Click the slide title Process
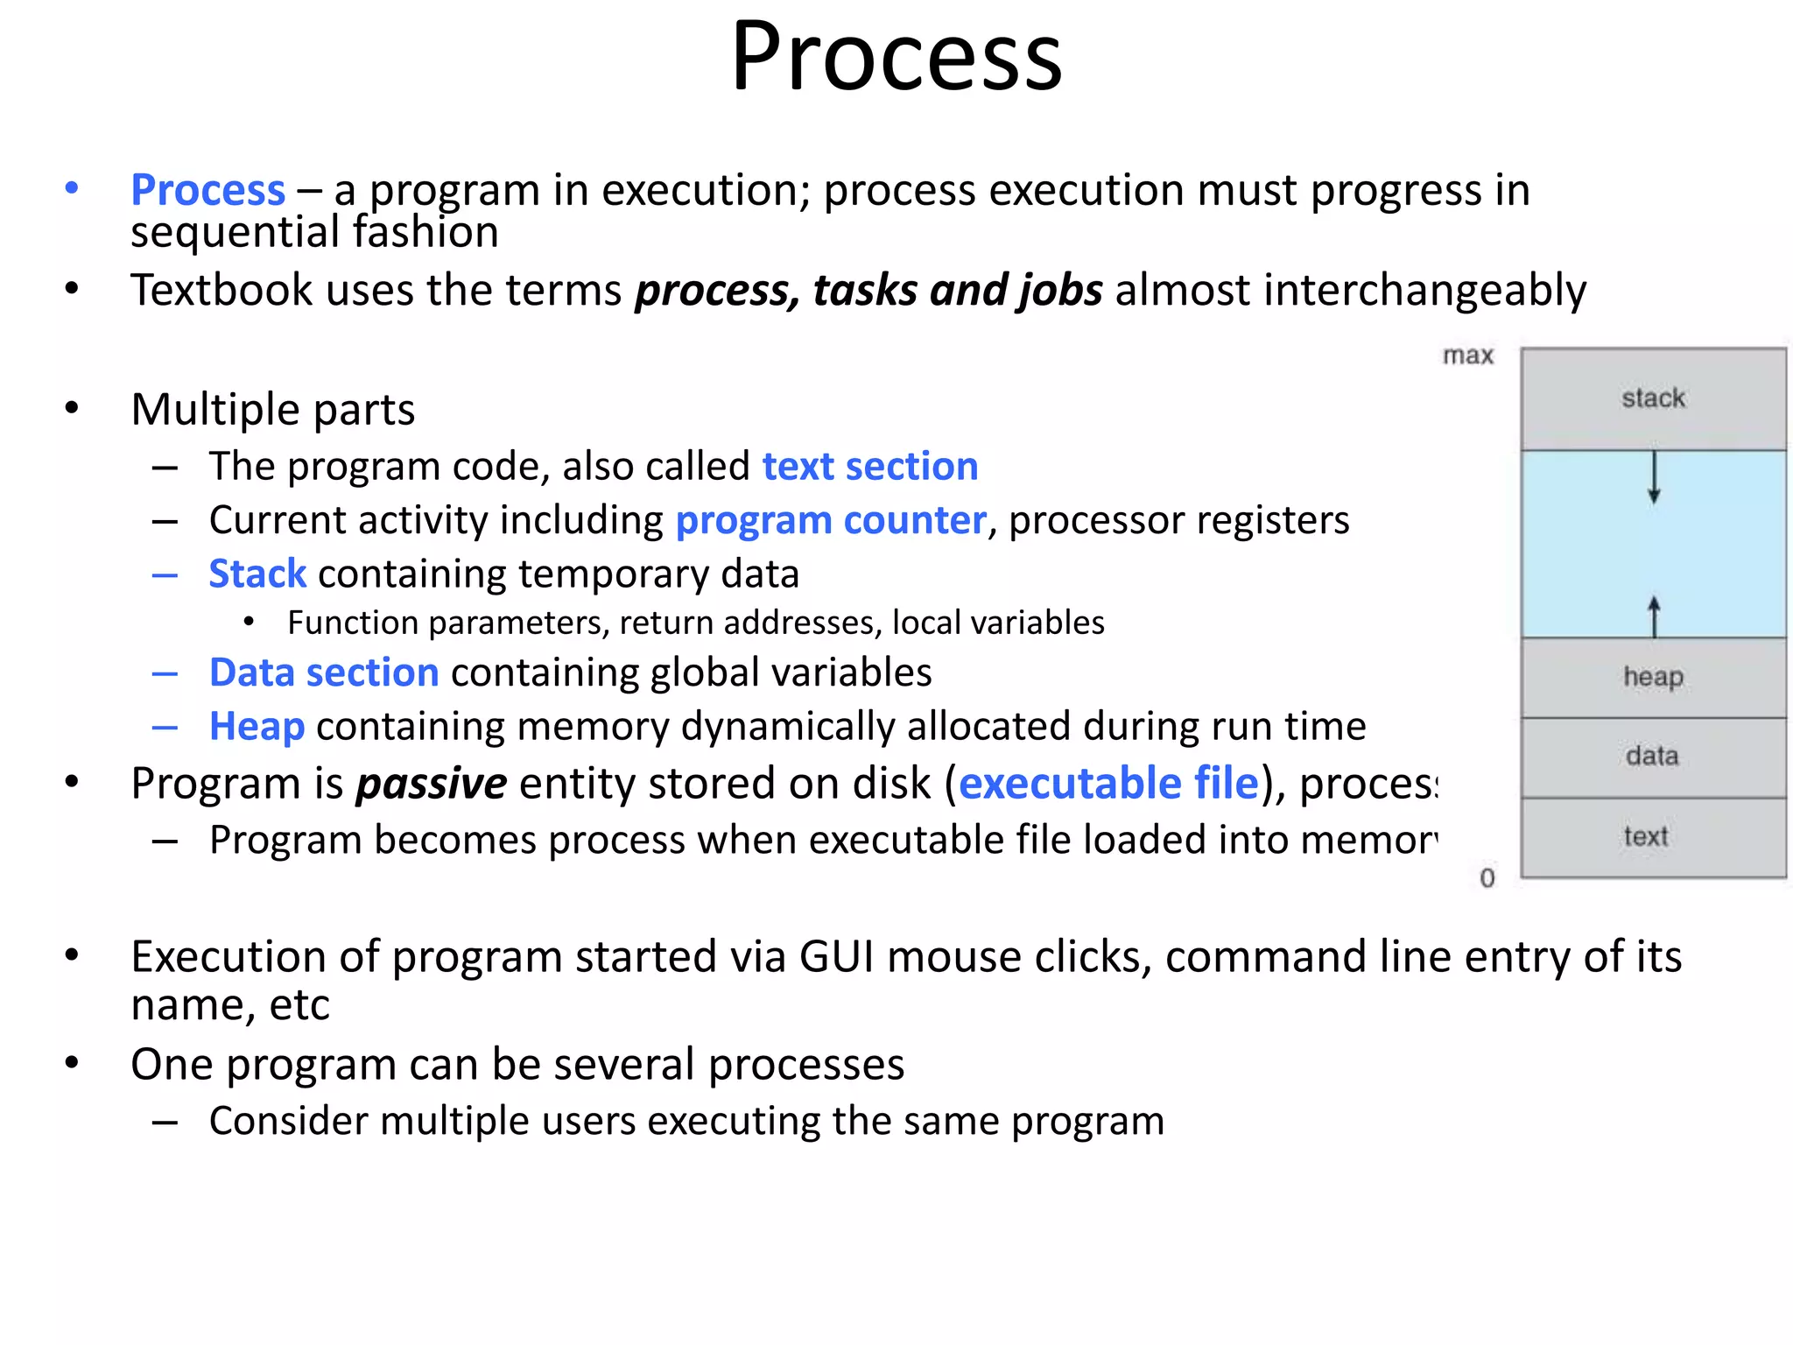[896, 58]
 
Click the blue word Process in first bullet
[208, 190]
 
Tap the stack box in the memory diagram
[1653, 398]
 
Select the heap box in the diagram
[1653, 677]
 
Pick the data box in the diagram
[1653, 757]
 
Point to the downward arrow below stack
[1654, 477]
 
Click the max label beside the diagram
[1468, 356]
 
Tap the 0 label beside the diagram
[1487, 877]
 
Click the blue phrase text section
[869, 467]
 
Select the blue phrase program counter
[831, 521]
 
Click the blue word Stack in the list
[257, 574]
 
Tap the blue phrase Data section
[324, 672]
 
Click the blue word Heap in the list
[257, 727]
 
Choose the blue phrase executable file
[1108, 783]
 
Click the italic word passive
[431, 784]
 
